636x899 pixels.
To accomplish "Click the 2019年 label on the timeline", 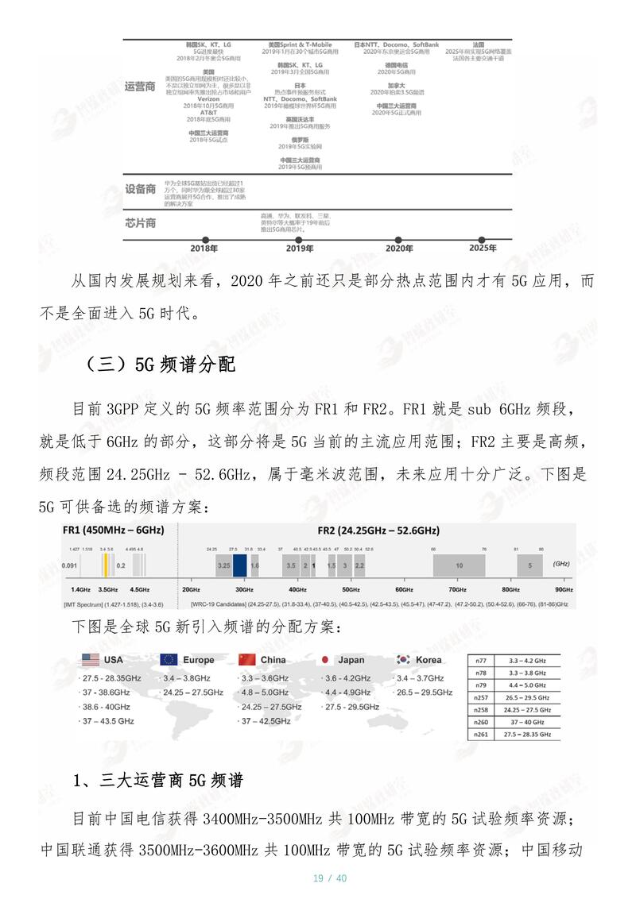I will pos(299,249).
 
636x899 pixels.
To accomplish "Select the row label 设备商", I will pos(140,189).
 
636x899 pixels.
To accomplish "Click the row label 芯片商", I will pos(140,222).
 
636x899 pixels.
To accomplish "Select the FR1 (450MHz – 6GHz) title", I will pos(113,530).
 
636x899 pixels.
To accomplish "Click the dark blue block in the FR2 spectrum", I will pos(239,565).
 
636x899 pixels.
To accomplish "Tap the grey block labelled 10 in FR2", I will pos(459,565).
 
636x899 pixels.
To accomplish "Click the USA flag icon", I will pos(90,659).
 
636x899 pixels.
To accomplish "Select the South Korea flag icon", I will pos(403,659).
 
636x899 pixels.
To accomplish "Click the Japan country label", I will pos(351,660).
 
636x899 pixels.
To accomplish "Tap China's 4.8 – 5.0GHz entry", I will pos(266,692).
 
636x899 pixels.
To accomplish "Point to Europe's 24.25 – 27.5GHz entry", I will pos(193,693).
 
